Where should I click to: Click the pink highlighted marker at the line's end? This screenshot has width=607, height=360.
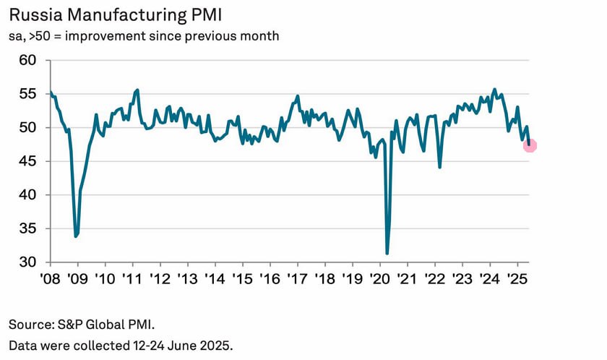click(x=530, y=146)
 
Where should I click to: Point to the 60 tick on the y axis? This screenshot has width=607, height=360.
click(x=27, y=61)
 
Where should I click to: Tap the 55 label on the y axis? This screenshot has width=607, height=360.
click(x=27, y=94)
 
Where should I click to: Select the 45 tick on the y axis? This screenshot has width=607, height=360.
click(x=27, y=161)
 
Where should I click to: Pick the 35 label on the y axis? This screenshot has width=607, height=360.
click(x=27, y=229)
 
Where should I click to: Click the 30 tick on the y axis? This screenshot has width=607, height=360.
click(x=27, y=262)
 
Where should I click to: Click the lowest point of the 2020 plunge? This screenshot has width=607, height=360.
click(x=387, y=253)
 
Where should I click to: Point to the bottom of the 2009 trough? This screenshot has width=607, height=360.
click(x=76, y=236)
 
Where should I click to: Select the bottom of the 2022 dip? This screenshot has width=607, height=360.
click(x=440, y=167)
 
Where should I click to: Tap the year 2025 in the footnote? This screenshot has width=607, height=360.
click(x=215, y=345)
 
